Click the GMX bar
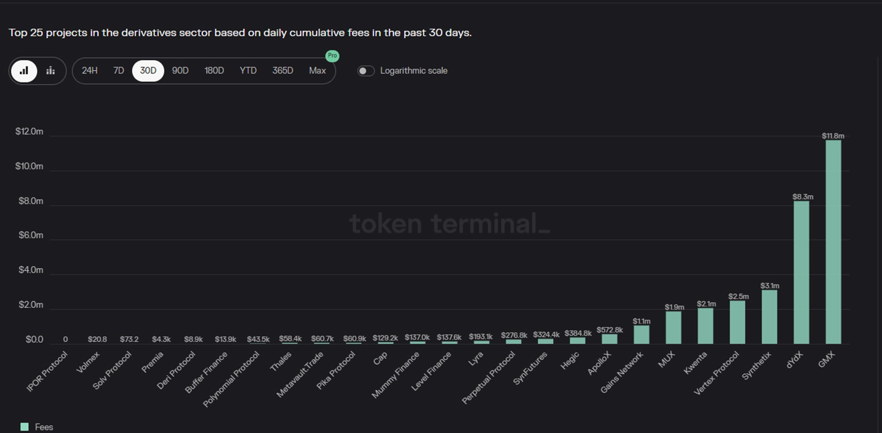833,242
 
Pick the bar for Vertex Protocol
737,322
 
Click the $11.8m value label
833,136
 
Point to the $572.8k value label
610,330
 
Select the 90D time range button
180,71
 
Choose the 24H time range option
90,71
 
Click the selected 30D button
148,71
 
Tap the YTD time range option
248,71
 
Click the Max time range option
318,71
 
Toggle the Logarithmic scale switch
366,71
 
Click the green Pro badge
332,56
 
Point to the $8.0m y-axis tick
31,201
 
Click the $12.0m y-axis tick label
29,131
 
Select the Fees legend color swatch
24,427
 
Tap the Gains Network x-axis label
622,372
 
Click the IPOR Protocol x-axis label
47,371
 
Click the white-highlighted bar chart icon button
24,71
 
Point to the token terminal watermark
449,224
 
